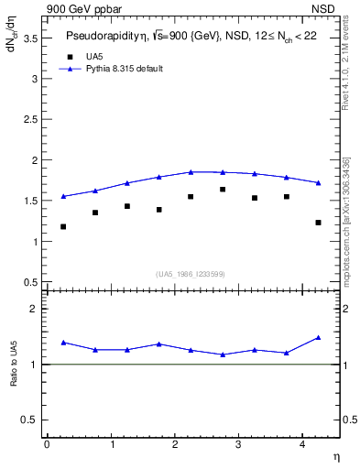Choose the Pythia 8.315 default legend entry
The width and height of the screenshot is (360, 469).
(124, 69)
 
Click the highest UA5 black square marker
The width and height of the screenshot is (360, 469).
(223, 190)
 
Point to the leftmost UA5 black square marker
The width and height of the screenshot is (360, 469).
(63, 226)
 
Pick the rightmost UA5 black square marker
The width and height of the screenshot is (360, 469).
(318, 223)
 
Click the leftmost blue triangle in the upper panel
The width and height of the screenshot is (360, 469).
(63, 196)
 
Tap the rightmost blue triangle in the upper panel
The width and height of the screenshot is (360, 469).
(318, 182)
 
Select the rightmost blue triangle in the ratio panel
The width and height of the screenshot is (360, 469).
(318, 337)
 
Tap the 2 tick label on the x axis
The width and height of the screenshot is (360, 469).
(175, 443)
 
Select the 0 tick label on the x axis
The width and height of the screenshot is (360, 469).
(48, 443)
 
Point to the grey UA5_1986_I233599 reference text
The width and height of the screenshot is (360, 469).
(191, 274)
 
